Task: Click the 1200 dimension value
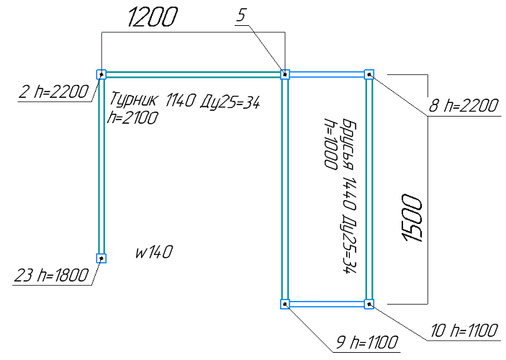(x=152, y=18)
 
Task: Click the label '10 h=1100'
(x=462, y=330)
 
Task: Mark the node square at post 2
(x=101, y=73)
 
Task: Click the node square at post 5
(x=285, y=73)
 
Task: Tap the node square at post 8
(x=369, y=73)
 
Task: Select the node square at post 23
(x=101, y=258)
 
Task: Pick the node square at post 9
(x=285, y=304)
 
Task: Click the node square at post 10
(x=369, y=304)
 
